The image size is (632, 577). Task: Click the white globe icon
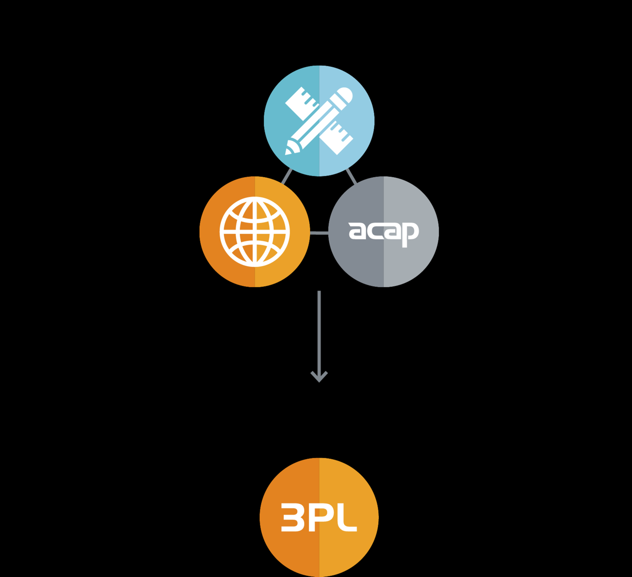(x=255, y=232)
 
